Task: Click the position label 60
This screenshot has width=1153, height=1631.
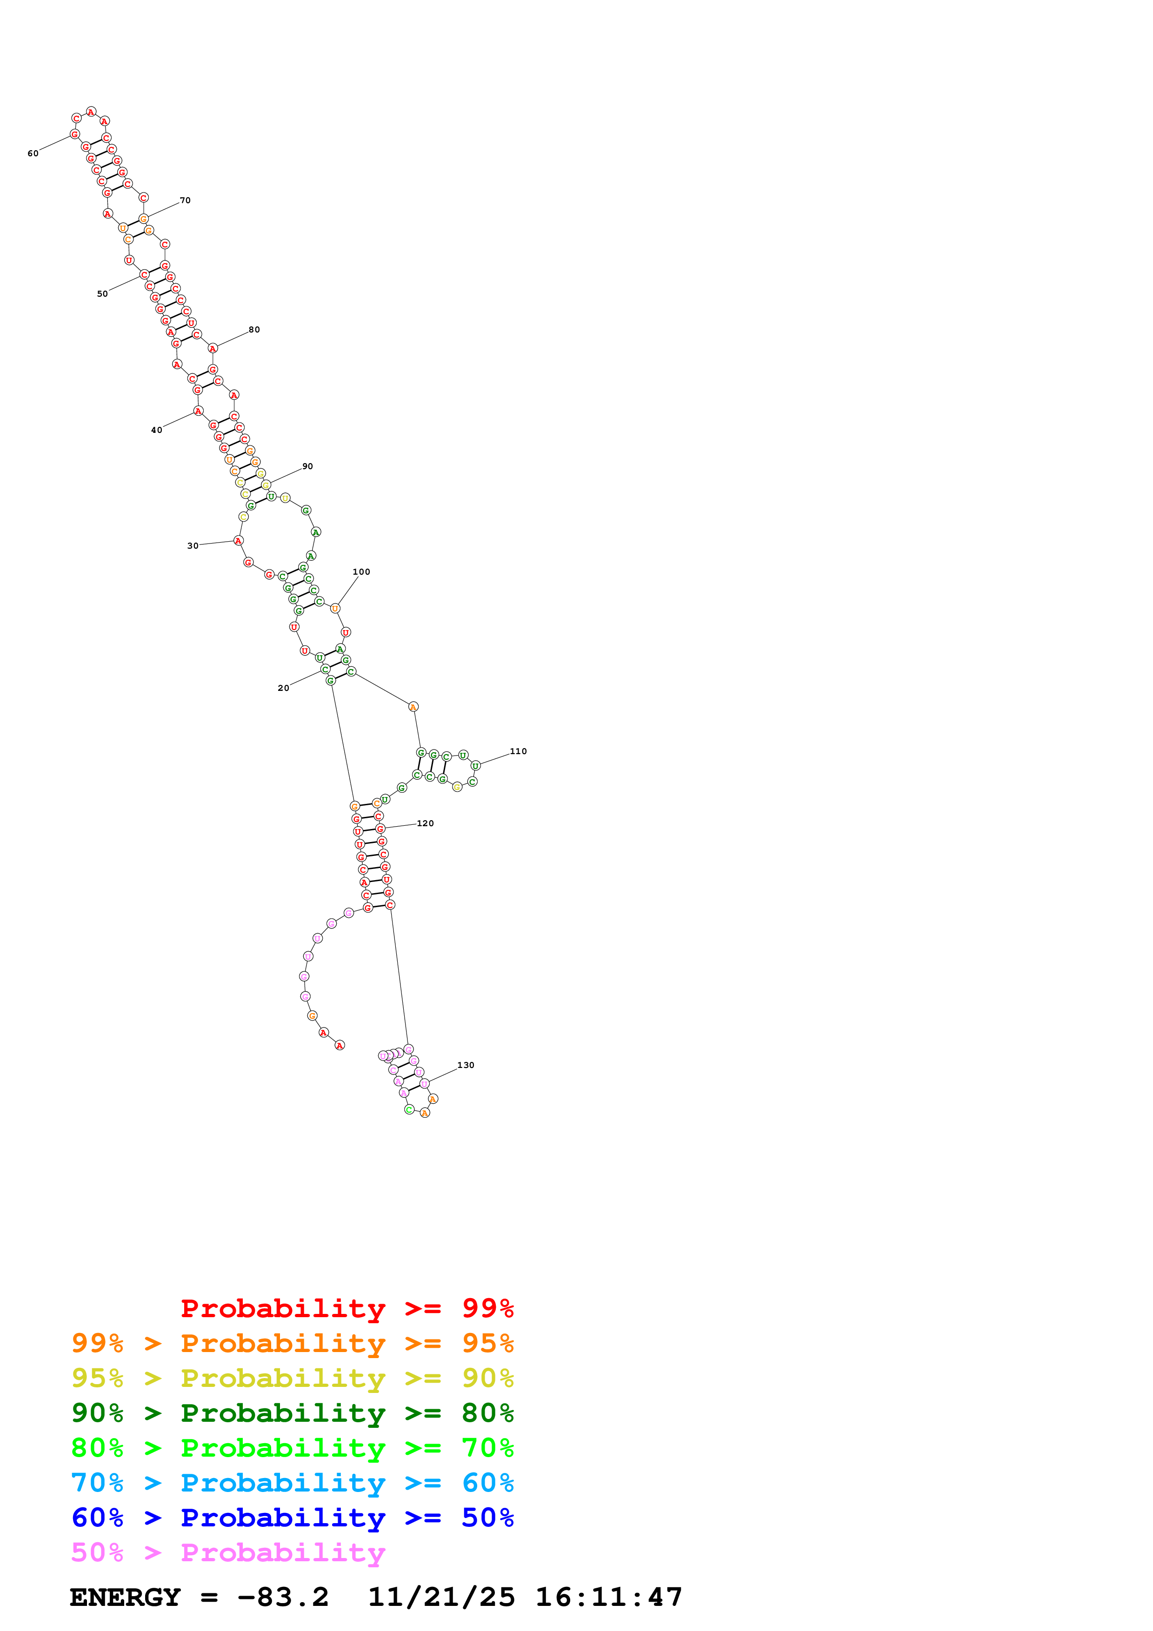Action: point(33,153)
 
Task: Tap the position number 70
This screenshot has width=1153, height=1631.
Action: point(185,200)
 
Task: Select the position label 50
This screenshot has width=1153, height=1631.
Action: point(102,293)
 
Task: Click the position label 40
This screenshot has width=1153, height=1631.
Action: point(156,430)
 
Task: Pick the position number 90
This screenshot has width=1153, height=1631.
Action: point(307,466)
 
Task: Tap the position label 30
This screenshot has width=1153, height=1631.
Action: point(193,545)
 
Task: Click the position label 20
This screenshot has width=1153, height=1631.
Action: point(283,688)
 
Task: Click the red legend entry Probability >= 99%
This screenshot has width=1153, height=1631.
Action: point(347,1308)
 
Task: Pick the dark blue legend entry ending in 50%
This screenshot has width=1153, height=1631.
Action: point(292,1518)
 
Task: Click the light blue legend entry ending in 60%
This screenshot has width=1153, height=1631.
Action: point(292,1483)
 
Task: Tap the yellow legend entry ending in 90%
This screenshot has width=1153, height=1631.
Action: point(292,1378)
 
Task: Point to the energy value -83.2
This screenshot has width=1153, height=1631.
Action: point(283,1597)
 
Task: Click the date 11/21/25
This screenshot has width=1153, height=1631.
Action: point(441,1597)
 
